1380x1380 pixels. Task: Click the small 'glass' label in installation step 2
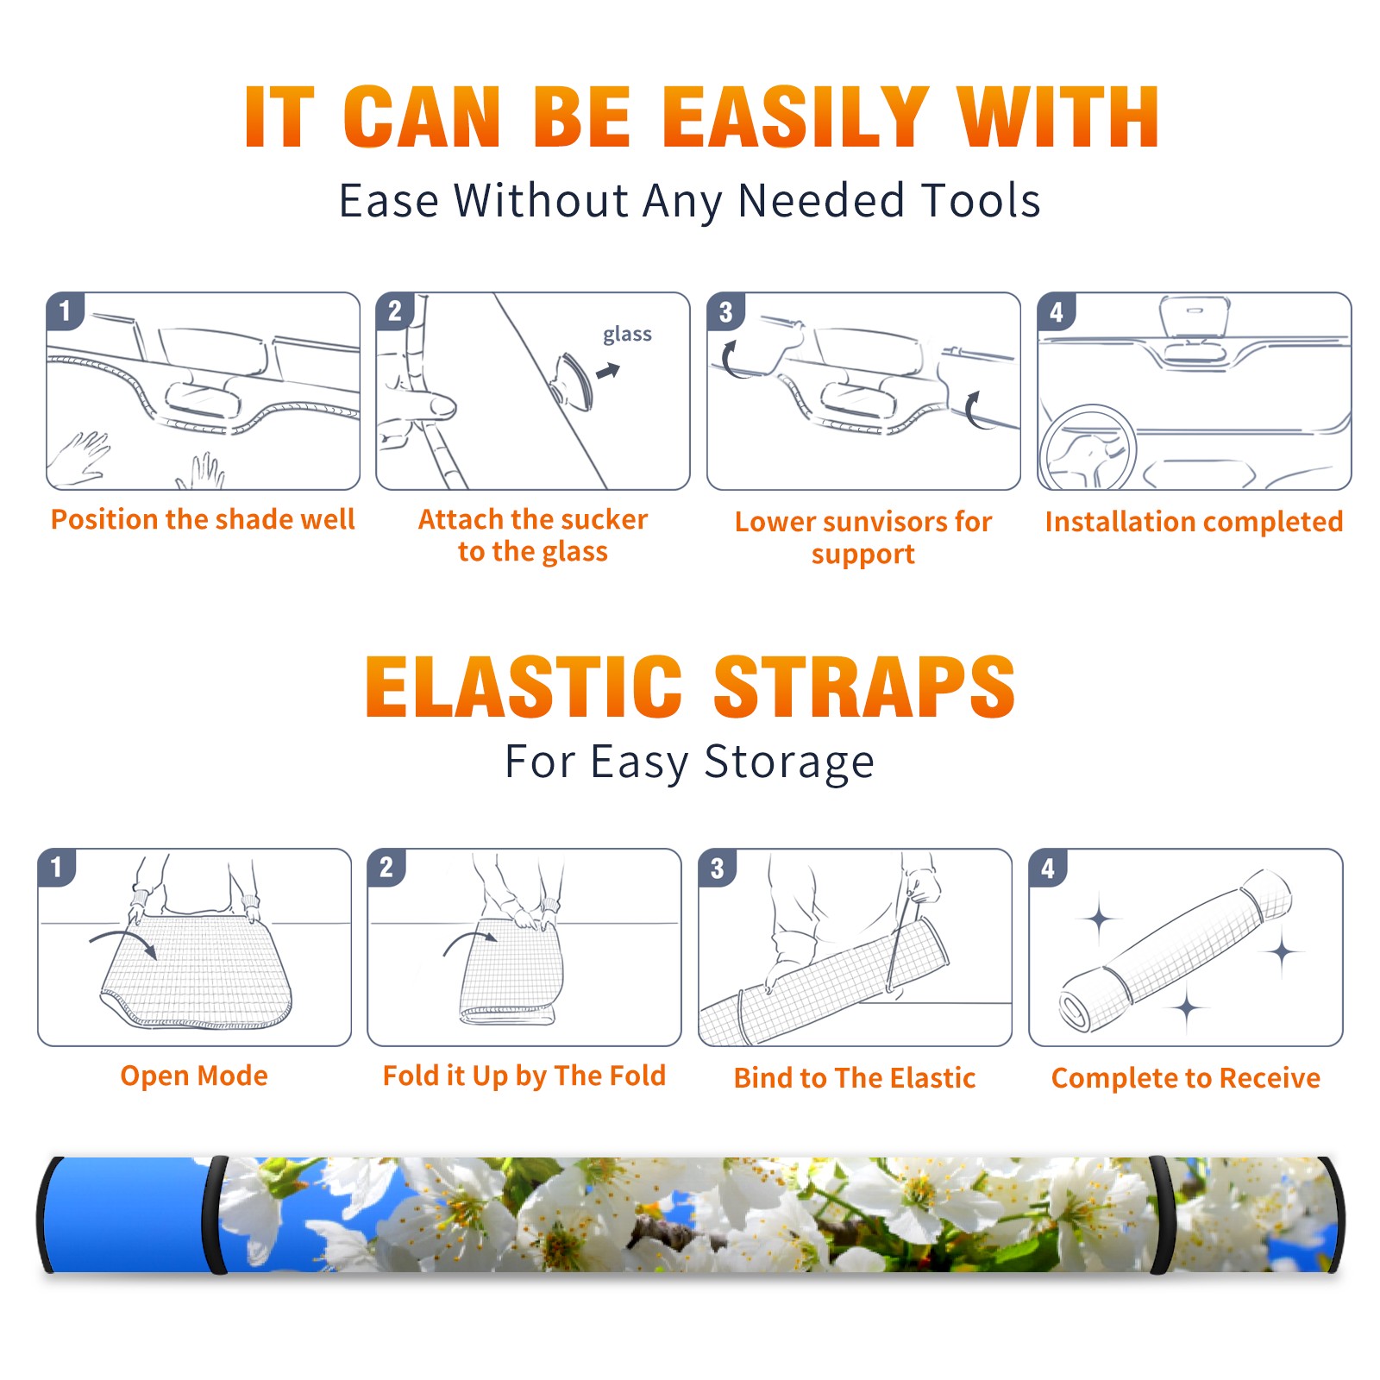tap(627, 335)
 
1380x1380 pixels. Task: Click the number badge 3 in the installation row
tap(726, 311)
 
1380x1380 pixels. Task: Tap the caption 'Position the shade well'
tap(203, 519)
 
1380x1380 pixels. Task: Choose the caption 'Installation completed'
tap(1194, 522)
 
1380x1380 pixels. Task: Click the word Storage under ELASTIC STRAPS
tap(789, 762)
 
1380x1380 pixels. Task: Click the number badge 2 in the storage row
tap(386, 867)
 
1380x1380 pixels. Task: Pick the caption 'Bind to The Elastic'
tap(855, 1078)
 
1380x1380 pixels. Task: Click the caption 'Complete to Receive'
tap(1186, 1078)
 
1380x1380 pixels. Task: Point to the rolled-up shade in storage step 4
tap(1176, 950)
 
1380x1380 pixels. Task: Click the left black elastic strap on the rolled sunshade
tap(216, 1214)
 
